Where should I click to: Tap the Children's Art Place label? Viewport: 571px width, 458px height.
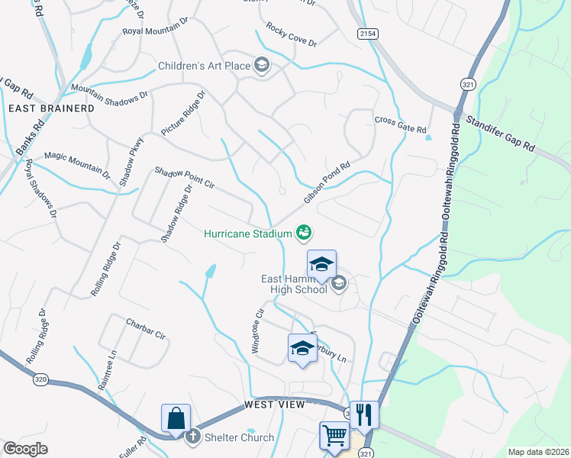tap(205, 66)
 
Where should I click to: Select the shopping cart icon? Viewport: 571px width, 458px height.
tap(334, 436)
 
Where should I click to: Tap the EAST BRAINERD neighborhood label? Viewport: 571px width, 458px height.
tap(51, 108)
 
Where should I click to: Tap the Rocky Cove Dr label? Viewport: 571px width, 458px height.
tap(291, 35)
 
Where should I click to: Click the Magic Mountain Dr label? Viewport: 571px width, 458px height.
tap(77, 163)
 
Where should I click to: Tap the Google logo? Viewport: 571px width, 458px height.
tap(25, 449)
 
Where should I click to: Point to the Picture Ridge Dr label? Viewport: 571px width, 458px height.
tap(183, 114)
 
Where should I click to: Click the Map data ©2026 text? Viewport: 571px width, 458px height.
tap(538, 452)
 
